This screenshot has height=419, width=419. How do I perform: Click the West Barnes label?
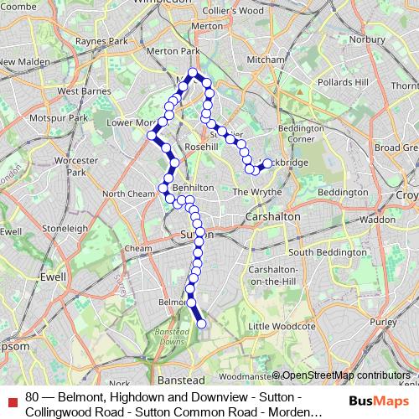tap(80, 91)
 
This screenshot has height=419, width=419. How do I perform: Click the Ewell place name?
tap(53, 276)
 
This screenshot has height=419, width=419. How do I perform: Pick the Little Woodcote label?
tap(282, 326)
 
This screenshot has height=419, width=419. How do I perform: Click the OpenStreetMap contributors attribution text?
tap(344, 375)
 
